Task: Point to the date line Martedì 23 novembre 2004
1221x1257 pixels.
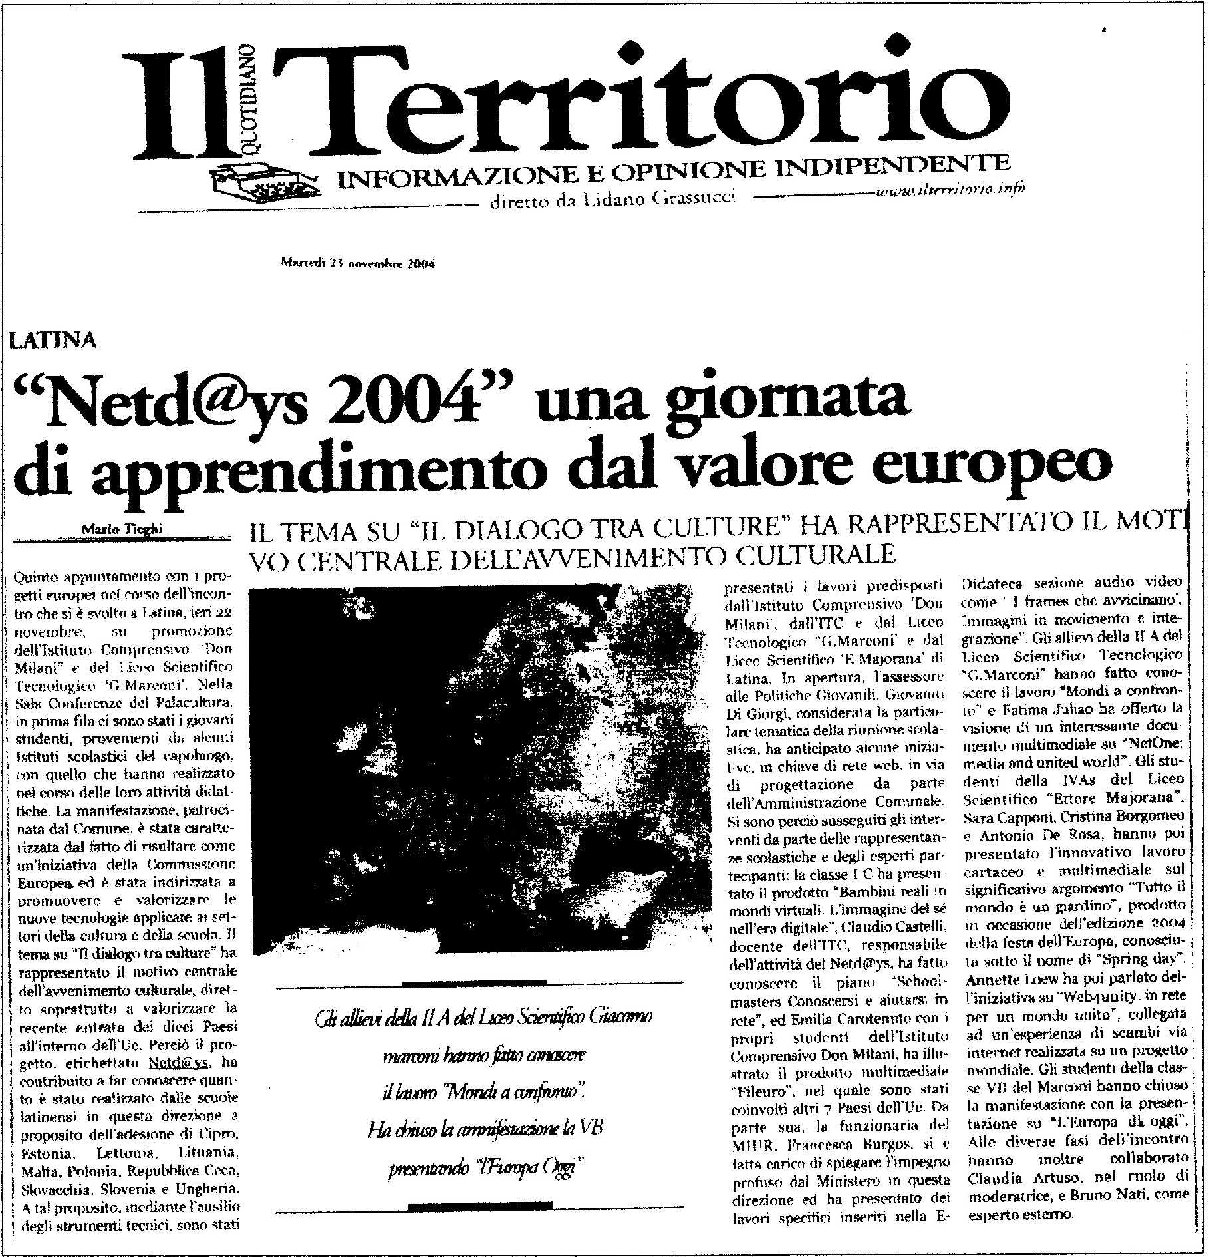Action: tap(358, 263)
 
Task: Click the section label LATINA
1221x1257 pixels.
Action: tap(53, 341)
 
